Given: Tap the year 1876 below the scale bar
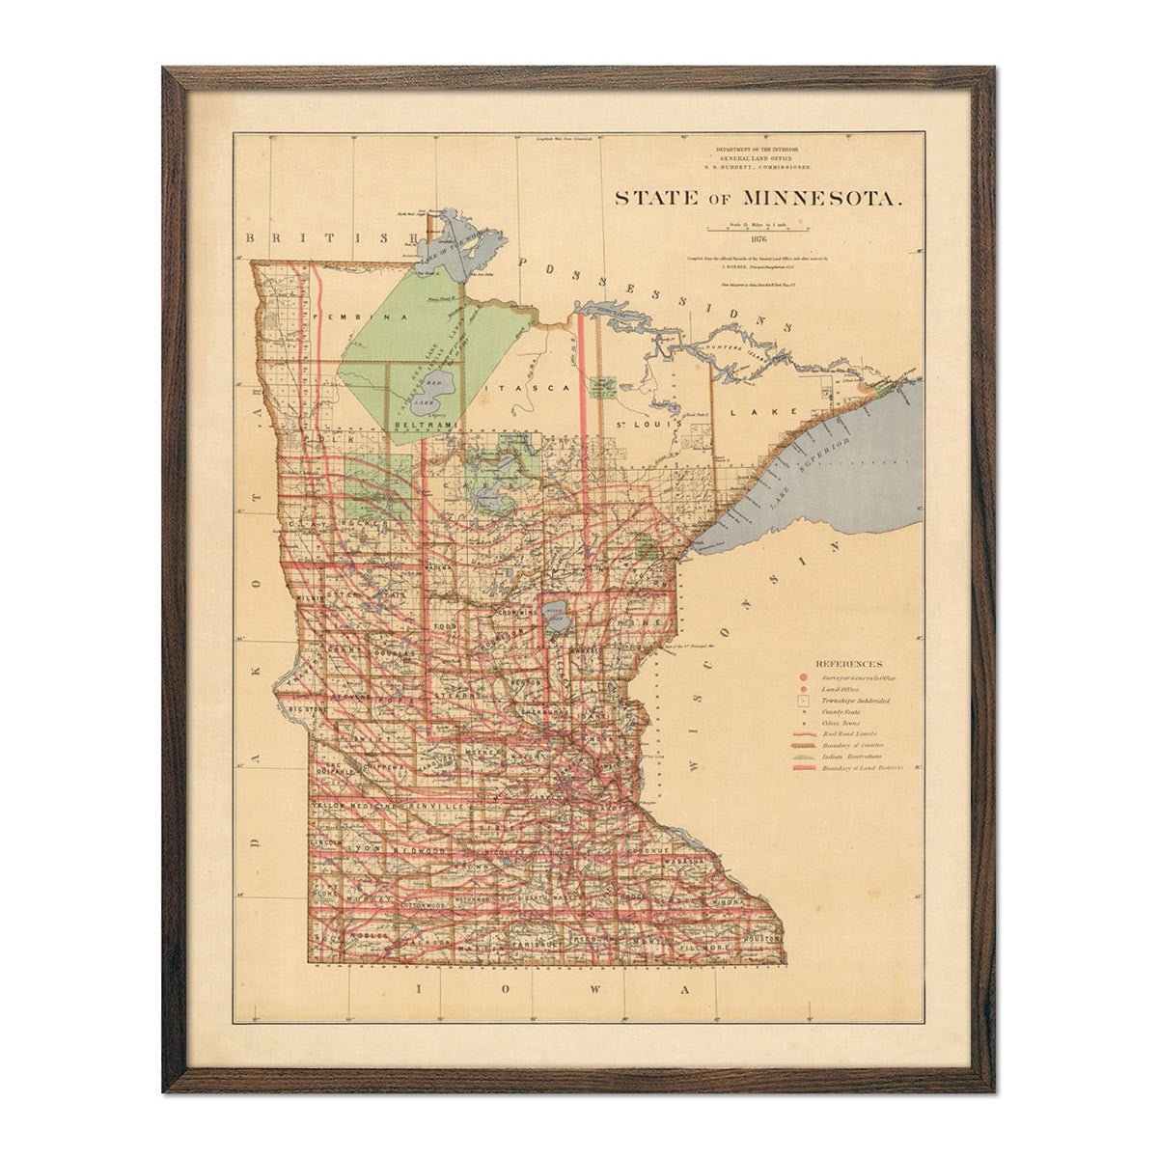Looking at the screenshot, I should click(758, 237).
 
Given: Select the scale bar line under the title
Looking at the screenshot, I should click(758, 227).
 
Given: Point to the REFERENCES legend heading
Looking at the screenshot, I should click(848, 664).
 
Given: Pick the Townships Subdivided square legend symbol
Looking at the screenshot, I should click(802, 701).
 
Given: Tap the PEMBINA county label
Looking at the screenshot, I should click(356, 316).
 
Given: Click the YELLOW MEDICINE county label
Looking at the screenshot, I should click(353, 805).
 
